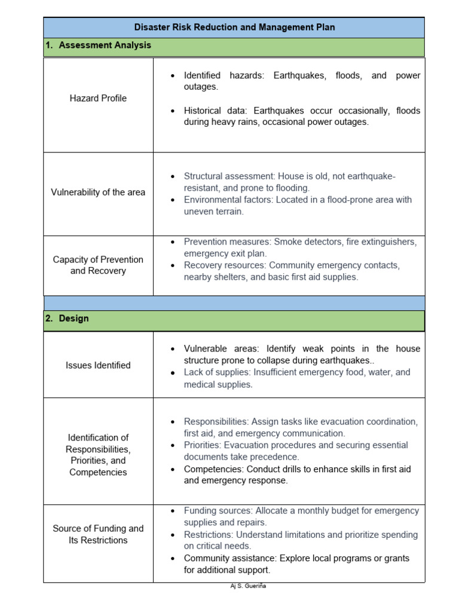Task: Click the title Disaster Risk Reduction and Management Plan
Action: [x=234, y=27]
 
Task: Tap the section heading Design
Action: [x=74, y=319]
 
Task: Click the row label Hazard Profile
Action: [x=98, y=99]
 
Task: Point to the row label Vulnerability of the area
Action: [x=98, y=192]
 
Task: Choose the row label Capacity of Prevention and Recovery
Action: [x=98, y=265]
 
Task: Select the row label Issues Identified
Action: [x=98, y=365]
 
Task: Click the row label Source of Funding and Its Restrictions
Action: [x=98, y=534]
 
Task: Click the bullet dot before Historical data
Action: [x=173, y=111]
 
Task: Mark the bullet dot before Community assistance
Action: [x=173, y=558]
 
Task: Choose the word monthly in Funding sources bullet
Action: [x=314, y=511]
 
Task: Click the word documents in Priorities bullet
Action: [x=205, y=457]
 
